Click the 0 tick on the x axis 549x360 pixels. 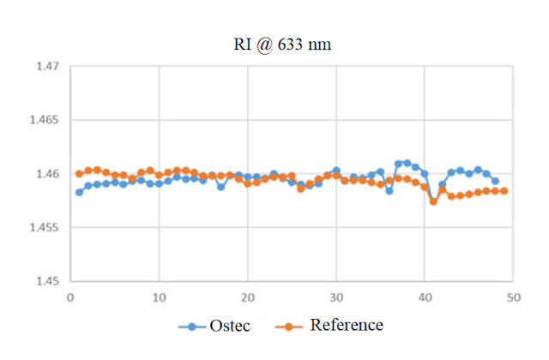[x=70, y=297]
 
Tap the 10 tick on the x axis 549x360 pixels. [x=159, y=297]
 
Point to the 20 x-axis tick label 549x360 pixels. [x=247, y=297]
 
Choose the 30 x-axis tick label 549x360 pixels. [x=335, y=297]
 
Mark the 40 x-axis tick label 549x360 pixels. [x=424, y=297]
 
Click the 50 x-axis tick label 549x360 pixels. [x=512, y=297]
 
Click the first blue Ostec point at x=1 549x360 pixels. [x=79, y=192]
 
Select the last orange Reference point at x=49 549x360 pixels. [x=504, y=190]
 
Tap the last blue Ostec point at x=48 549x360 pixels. [x=495, y=181]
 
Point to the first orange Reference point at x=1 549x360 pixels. [x=79, y=173]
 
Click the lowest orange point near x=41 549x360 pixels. [x=433, y=201]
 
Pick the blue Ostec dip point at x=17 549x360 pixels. [x=220, y=186]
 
